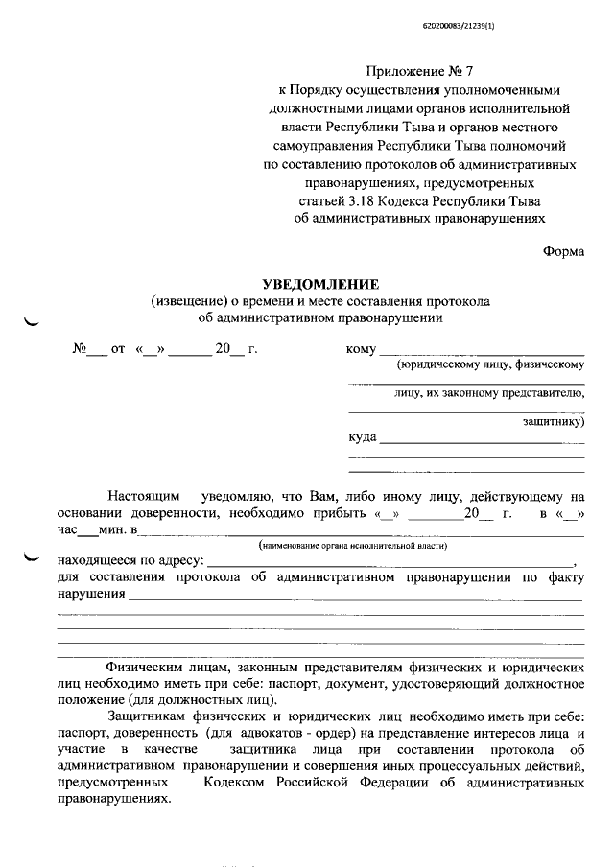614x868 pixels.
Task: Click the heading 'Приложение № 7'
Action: point(419,73)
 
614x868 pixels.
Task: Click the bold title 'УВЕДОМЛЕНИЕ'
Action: point(321,284)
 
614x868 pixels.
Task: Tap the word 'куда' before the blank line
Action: point(363,439)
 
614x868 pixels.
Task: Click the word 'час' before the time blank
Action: point(69,529)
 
